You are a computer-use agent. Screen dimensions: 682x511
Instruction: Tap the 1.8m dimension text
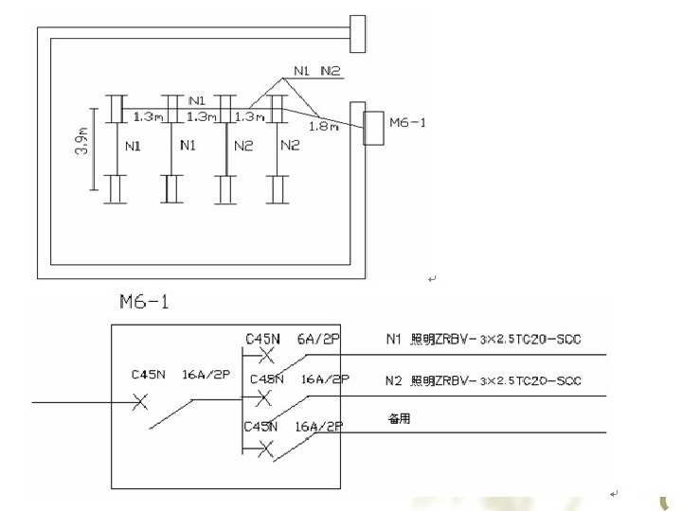point(325,126)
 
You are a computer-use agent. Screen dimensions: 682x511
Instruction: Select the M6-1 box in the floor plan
point(373,128)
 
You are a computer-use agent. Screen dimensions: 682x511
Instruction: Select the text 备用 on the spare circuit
point(399,417)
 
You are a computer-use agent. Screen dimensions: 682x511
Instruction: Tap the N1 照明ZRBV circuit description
point(483,339)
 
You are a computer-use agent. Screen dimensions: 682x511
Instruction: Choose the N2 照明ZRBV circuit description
point(483,381)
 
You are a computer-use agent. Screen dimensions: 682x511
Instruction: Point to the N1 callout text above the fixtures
point(302,71)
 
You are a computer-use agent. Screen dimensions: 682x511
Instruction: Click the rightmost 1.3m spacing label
point(248,116)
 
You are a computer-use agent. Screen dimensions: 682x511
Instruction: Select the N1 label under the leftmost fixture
point(133,146)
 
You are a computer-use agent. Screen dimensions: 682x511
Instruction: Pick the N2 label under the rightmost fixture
point(290,146)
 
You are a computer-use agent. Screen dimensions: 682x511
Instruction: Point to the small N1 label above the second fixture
point(197,99)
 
